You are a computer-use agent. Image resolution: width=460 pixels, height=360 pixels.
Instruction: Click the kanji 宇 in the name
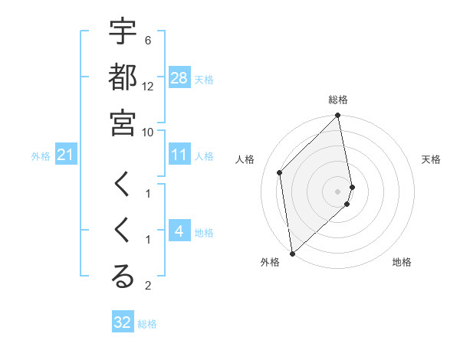pyautogui.click(x=123, y=32)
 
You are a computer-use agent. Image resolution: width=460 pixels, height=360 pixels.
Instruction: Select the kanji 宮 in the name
pyautogui.click(x=123, y=122)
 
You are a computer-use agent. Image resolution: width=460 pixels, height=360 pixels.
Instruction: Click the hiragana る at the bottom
pyautogui.click(x=123, y=277)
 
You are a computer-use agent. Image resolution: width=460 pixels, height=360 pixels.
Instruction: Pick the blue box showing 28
pyautogui.click(x=179, y=78)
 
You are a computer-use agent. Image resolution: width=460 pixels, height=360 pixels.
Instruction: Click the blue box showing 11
pyautogui.click(x=179, y=155)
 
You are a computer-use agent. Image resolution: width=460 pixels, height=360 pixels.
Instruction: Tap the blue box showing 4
pyautogui.click(x=179, y=232)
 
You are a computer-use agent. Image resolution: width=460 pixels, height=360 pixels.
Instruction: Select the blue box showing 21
pyautogui.click(x=65, y=155)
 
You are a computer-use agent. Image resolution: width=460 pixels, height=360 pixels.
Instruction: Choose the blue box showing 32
pyautogui.click(x=123, y=322)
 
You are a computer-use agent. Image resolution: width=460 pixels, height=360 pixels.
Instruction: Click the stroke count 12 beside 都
pyautogui.click(x=148, y=87)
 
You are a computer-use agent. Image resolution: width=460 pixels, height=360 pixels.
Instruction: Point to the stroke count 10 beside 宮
pyautogui.click(x=148, y=132)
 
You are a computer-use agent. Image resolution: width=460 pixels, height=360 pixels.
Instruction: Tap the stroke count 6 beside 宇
pyautogui.click(x=148, y=40)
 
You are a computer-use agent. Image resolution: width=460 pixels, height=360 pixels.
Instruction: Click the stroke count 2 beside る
pyautogui.click(x=148, y=286)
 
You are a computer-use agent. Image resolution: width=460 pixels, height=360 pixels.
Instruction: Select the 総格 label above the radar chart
pyautogui.click(x=338, y=100)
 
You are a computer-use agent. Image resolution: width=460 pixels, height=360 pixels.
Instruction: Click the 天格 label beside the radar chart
pyautogui.click(x=431, y=159)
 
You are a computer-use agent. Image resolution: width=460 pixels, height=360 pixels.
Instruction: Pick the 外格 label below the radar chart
pyautogui.click(x=269, y=262)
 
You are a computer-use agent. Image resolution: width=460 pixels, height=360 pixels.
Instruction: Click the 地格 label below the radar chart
pyautogui.click(x=402, y=262)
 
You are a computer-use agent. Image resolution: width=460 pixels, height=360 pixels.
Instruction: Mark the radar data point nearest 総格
pyautogui.click(x=337, y=116)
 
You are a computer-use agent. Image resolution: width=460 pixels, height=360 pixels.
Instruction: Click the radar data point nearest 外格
pyautogui.click(x=292, y=253)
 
